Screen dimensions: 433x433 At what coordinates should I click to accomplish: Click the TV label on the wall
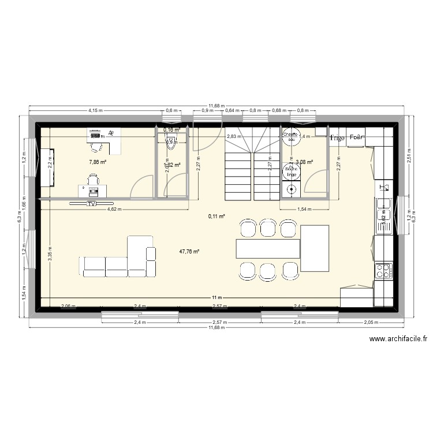pos(91,204)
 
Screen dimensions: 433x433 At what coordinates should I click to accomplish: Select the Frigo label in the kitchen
pos(337,138)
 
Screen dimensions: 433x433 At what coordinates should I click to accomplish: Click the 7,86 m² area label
pos(97,163)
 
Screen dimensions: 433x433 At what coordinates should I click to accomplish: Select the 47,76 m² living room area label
pos(189,252)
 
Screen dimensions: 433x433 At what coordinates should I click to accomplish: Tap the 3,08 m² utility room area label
pos(304,162)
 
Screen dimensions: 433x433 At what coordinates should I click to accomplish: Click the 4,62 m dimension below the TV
pos(114,210)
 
